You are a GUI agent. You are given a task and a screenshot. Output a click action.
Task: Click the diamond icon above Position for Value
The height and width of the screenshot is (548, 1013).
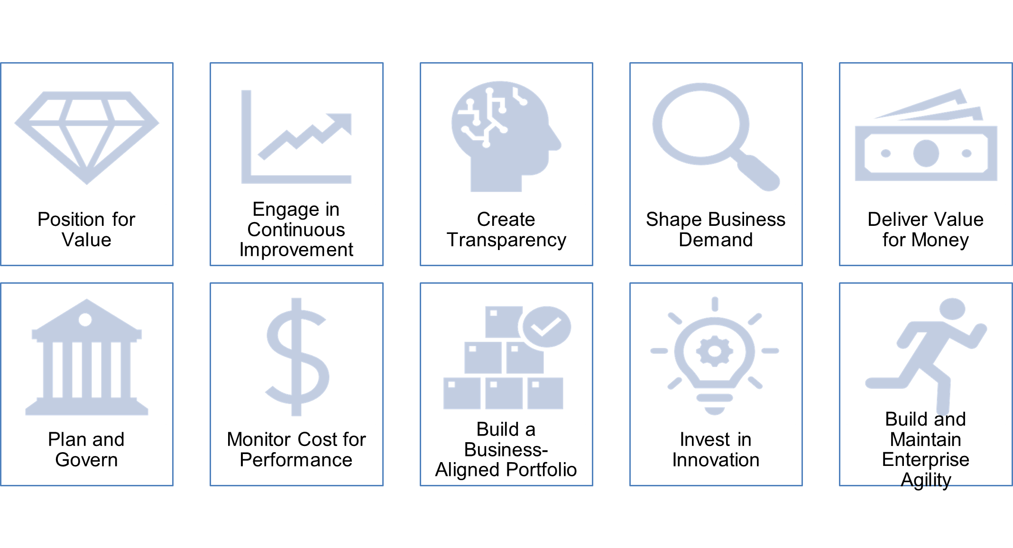pos(87,138)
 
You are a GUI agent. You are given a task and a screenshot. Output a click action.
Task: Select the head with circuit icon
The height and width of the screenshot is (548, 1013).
pos(506,136)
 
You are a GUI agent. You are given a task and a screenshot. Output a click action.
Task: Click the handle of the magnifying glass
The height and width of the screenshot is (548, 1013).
pos(758,173)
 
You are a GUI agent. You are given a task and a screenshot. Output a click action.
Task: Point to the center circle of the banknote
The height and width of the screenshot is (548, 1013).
pos(926,153)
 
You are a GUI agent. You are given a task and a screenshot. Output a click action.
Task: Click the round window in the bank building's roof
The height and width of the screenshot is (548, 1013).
pos(85,320)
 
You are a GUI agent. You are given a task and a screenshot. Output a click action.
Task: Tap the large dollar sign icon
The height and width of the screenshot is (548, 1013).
pos(297,357)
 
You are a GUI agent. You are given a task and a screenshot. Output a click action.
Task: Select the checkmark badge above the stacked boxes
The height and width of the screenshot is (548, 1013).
pos(546,327)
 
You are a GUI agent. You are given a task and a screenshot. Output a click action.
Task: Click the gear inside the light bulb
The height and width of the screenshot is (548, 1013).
pos(715,351)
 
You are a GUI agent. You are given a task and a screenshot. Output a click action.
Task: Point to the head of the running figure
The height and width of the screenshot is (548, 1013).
pos(952,309)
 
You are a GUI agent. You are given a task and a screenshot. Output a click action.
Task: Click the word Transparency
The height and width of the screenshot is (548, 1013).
pos(506,241)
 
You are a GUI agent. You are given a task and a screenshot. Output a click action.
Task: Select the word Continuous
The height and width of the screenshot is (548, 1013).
pos(296,230)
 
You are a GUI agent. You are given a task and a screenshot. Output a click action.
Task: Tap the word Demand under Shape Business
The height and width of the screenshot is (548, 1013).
pos(716,240)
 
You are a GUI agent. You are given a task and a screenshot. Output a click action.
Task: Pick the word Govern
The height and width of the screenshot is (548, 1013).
pos(86,460)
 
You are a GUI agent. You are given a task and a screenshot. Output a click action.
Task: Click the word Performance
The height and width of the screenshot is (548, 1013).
pos(296,460)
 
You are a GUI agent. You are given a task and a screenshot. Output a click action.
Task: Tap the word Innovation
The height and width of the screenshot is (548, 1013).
pos(716,460)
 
